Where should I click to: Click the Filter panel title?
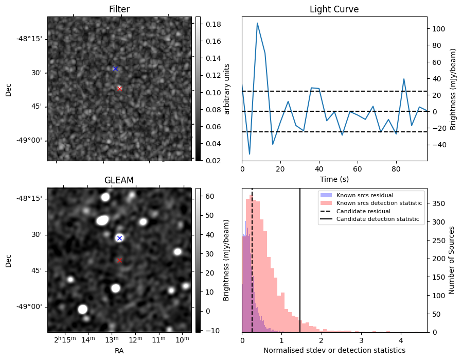119,9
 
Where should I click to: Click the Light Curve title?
334,9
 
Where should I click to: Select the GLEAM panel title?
119,180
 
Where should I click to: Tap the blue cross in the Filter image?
115,68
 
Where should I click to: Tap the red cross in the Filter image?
119,89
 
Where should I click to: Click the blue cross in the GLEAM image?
119,238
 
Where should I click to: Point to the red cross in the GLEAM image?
119,260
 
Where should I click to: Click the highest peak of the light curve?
257,23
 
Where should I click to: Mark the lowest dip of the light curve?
250,154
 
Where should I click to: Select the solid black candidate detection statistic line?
300,258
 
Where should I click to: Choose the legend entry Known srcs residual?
364,195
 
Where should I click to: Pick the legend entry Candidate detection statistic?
377,219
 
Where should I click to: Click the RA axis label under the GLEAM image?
119,351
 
